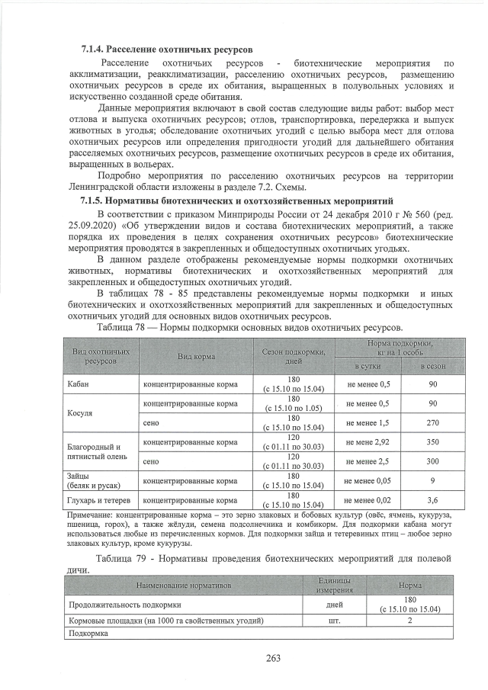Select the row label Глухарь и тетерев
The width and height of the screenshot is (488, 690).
coord(98,500)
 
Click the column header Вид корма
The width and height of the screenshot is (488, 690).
coord(196,356)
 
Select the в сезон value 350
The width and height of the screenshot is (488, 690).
coord(432,441)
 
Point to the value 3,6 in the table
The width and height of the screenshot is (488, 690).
coord(432,500)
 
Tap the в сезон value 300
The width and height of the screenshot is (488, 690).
coord(432,461)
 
